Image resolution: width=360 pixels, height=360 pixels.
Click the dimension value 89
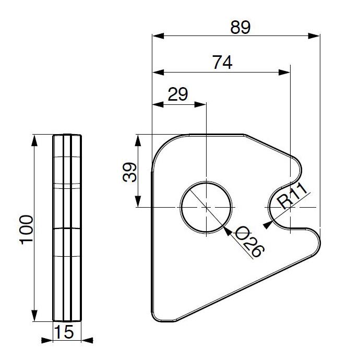[241, 27]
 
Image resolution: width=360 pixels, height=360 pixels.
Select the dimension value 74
[222, 62]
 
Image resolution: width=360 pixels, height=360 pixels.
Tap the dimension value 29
[178, 94]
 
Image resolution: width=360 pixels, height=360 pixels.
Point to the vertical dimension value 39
[130, 172]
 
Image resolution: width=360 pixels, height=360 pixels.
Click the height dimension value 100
[27, 230]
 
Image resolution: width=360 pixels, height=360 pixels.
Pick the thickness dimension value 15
[64, 332]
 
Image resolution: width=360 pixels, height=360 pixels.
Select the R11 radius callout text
[292, 196]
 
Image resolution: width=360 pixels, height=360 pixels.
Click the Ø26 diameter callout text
[249, 242]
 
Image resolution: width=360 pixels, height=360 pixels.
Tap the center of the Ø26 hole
[206, 207]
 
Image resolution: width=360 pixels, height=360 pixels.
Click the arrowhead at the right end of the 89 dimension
[314, 36]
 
